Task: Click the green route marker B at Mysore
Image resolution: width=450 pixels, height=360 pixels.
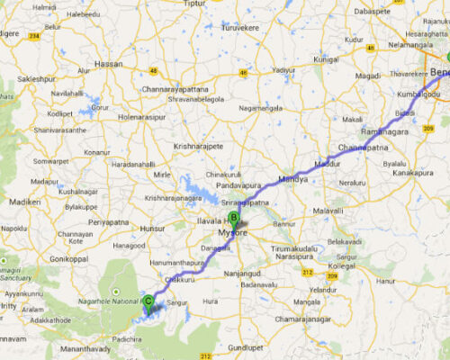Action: pyautogui.click(x=233, y=217)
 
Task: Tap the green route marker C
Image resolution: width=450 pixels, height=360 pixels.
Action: pyautogui.click(x=148, y=301)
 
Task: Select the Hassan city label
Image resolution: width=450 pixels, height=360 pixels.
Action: pyautogui.click(x=108, y=64)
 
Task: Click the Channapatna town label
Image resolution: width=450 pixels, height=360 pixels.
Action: pyautogui.click(x=362, y=147)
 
